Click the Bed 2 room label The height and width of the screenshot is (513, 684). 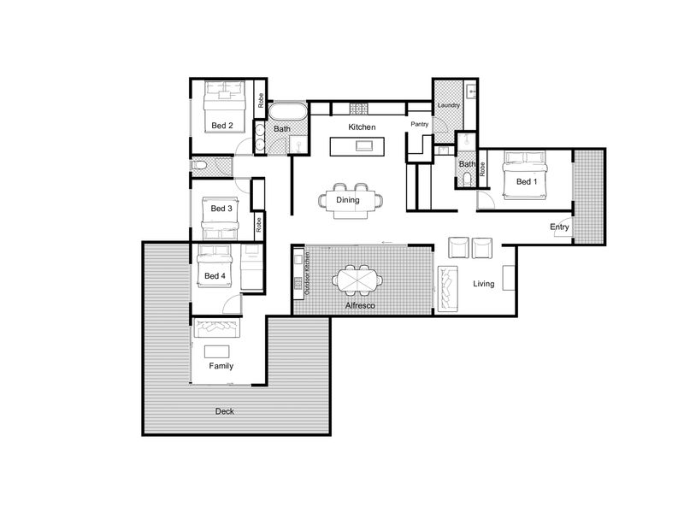point(222,126)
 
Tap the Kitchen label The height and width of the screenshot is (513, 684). point(362,127)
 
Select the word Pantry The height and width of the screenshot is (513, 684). point(420,124)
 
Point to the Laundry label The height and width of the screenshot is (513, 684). point(448,105)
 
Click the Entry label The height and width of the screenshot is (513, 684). point(559,227)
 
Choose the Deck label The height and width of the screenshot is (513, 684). point(225,411)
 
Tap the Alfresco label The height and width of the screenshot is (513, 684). point(360,306)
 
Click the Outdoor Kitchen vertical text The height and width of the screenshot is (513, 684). point(307,273)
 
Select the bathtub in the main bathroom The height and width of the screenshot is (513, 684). point(288,112)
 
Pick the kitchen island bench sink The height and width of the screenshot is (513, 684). point(364,145)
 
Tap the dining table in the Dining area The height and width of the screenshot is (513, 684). point(351,201)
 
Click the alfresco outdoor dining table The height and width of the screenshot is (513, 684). point(357,280)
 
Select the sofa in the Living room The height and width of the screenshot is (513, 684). point(447,289)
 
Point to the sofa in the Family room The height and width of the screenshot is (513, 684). point(216,328)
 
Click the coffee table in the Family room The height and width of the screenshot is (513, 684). point(217,351)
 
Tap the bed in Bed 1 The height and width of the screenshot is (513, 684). point(525,175)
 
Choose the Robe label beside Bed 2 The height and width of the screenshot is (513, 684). point(261,101)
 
